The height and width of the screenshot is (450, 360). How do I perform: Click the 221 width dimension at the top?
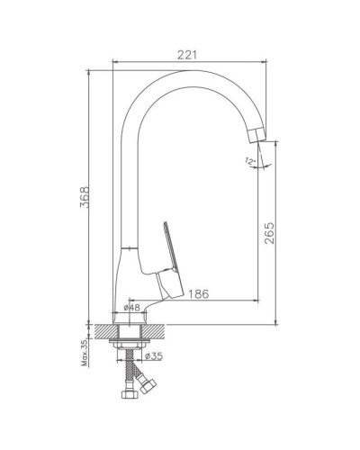click(x=188, y=54)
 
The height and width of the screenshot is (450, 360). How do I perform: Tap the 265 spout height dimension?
click(x=269, y=233)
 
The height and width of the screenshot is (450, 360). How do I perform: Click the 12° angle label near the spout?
click(x=248, y=161)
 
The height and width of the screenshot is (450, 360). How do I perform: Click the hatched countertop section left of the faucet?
click(x=99, y=332)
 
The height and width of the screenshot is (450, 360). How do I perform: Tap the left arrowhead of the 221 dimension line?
click(x=114, y=63)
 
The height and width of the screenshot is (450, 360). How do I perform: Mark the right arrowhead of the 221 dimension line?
click(x=267, y=63)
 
